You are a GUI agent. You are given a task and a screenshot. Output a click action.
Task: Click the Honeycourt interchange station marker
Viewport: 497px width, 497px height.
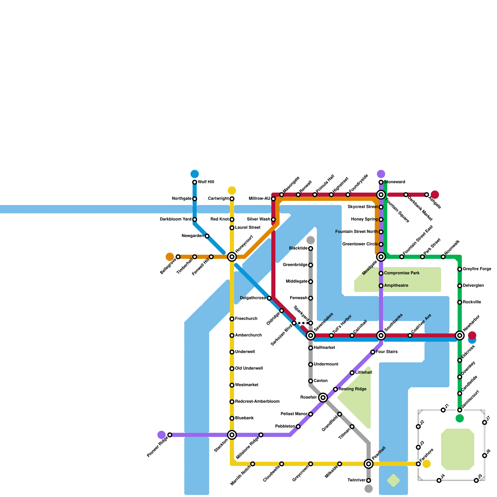pos(232,257)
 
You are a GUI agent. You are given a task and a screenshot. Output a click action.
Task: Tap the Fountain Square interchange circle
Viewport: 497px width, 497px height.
pos(381,195)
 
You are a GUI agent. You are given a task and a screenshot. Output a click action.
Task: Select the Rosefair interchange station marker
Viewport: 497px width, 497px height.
pos(323,398)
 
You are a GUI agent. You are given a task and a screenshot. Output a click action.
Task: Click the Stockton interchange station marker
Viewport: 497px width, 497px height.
pos(232,435)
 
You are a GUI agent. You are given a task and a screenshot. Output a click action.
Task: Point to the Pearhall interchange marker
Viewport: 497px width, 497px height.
pos(368,464)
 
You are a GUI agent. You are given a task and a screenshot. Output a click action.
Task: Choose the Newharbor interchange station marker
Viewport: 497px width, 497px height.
pos(460,335)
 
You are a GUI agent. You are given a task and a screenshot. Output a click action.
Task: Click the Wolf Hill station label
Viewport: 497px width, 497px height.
pos(206,182)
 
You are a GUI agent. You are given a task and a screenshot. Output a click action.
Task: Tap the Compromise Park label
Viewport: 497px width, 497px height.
pos(402,273)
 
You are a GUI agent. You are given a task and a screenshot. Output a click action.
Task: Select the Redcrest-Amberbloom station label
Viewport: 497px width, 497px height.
pos(257,402)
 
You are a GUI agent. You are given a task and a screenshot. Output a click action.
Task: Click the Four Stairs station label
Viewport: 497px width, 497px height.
pos(386,352)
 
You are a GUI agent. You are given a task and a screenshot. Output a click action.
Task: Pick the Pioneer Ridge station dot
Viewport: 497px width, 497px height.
pos(170,435)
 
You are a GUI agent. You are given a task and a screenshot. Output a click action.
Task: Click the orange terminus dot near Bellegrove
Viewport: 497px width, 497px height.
pos(170,257)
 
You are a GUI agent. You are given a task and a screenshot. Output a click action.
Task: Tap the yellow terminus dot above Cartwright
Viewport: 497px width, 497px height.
pos(232,190)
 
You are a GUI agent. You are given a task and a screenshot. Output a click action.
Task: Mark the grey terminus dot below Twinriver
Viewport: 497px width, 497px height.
pos(368,489)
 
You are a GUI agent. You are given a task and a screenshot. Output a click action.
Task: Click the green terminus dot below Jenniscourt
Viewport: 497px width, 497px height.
pos(460,418)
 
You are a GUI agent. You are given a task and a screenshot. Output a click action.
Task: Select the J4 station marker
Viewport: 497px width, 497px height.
pos(439,481)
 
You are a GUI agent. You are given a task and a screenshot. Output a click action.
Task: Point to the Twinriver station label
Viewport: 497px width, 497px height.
pos(356,480)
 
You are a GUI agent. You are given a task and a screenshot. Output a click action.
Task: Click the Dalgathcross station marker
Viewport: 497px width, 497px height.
pos(269,298)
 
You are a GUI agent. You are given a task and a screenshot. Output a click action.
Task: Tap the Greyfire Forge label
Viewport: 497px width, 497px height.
pos(477,269)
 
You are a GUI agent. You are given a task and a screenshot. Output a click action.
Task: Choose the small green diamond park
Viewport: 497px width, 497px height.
pos(393,481)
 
